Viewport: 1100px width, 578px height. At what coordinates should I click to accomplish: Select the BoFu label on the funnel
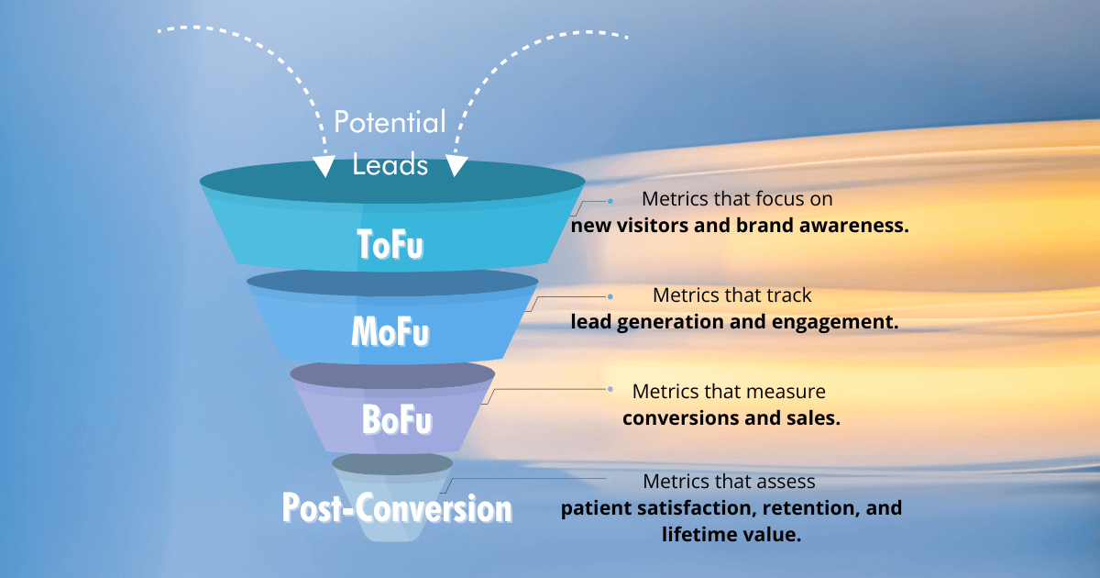pos(397,420)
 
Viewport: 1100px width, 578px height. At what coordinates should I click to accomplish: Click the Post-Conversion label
pos(397,507)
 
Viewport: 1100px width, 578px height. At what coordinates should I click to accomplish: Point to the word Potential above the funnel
pos(390,122)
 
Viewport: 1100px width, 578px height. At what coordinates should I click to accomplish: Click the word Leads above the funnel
pos(390,164)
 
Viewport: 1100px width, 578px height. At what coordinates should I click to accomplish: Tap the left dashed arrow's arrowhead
pos(323,165)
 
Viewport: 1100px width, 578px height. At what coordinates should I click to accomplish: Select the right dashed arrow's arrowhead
pos(457,165)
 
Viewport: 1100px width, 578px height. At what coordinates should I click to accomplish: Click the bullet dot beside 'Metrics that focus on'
pos(610,199)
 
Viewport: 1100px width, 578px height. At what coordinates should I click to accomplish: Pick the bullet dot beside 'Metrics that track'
pos(610,296)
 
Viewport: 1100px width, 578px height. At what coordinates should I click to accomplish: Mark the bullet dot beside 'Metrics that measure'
pos(610,389)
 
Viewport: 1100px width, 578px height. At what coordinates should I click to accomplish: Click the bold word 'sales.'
pos(816,417)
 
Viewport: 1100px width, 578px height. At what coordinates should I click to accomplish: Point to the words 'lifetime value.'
pos(731,534)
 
